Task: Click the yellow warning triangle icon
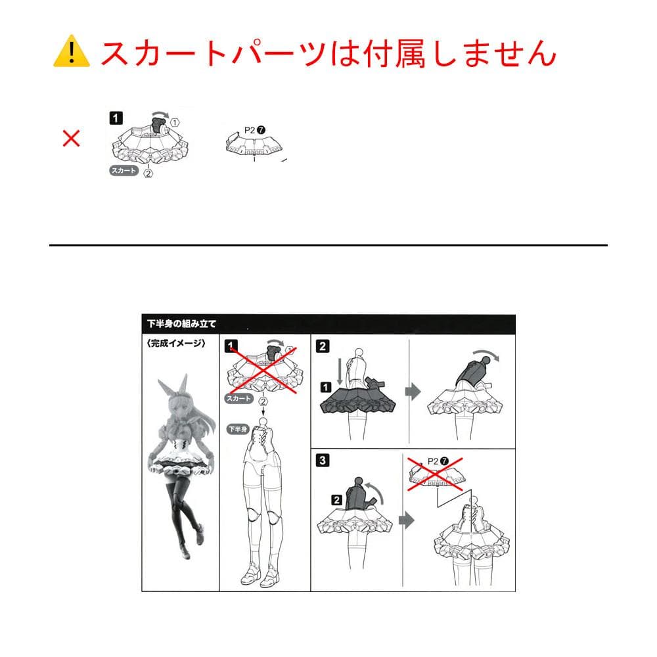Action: coord(72,51)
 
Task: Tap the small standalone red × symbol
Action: coord(71,138)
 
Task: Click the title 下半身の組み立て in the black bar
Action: coord(181,324)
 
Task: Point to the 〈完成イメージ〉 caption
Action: coord(176,344)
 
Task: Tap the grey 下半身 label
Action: coord(238,429)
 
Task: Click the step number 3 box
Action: coord(322,460)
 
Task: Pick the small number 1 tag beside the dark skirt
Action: coord(326,387)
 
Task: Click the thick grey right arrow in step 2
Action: coord(413,392)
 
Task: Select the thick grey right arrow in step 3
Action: coord(407,521)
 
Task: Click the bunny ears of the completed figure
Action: coord(173,388)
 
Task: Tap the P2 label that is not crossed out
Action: coord(250,130)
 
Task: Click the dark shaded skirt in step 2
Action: coord(357,400)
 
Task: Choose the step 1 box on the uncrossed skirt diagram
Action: coord(116,118)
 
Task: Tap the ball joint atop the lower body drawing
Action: coord(263,422)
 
